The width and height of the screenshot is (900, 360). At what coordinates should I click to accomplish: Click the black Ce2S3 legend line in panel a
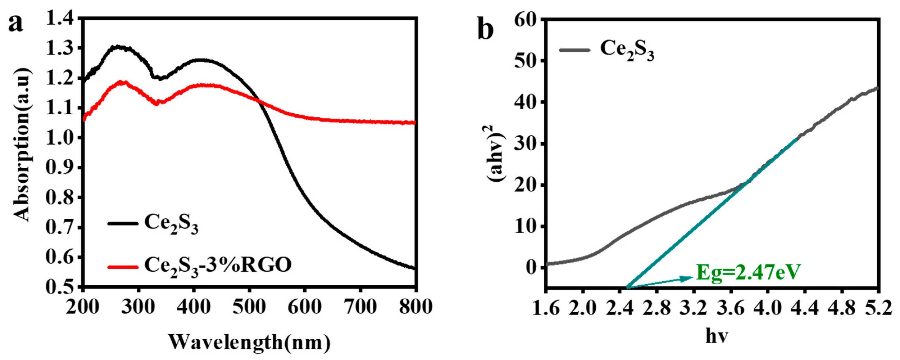coord(123,223)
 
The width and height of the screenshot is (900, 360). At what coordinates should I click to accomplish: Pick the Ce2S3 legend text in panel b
coord(627,50)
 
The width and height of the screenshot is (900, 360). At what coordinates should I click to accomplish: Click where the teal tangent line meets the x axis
coord(627,287)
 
